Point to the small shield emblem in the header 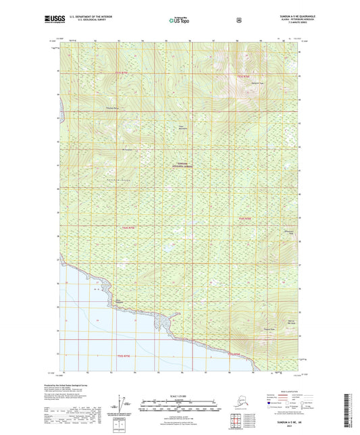238,20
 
